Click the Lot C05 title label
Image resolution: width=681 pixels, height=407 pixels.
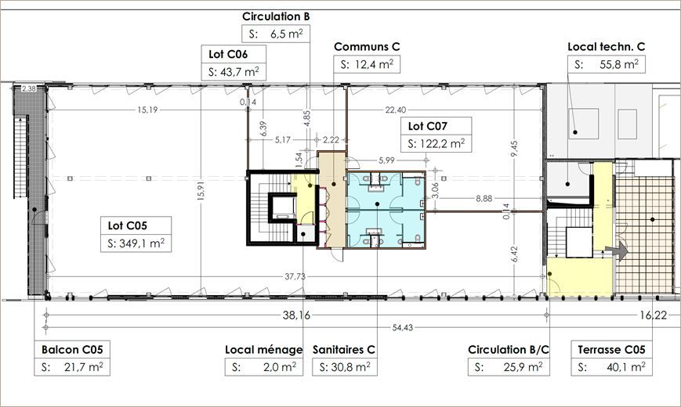tap(129, 226)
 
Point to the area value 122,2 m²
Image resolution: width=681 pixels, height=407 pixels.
tap(436, 143)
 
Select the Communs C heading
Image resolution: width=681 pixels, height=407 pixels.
tap(367, 47)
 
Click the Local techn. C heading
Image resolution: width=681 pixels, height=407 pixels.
tap(606, 47)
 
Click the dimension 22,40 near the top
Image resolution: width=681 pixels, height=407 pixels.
tap(395, 110)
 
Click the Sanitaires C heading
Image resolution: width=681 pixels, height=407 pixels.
tap(343, 349)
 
